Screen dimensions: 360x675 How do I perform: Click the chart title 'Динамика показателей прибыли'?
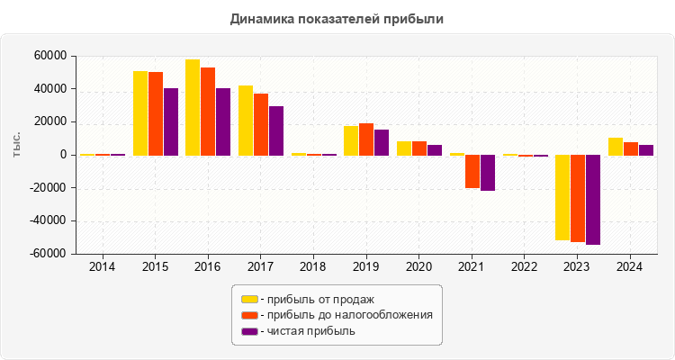[337, 19]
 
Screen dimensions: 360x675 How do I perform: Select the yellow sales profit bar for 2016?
[193, 107]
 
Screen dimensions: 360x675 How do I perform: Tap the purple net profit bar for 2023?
[593, 199]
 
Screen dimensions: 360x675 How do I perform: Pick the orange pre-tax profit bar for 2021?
[472, 171]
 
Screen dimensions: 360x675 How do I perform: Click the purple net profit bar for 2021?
[488, 173]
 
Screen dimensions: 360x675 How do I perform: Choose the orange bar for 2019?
[366, 139]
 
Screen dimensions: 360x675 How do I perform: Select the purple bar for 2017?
[276, 130]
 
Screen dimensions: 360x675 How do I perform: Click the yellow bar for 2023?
[562, 197]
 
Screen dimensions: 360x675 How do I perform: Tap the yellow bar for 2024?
[615, 146]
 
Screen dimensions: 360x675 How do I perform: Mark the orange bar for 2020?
[419, 148]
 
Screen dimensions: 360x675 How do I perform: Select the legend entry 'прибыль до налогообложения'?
[346, 315]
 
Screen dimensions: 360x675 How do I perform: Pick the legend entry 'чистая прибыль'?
[306, 331]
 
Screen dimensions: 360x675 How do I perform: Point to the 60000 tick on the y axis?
[50, 56]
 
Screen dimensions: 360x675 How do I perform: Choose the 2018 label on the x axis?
[313, 267]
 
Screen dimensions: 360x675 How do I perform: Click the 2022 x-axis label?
[524, 267]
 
